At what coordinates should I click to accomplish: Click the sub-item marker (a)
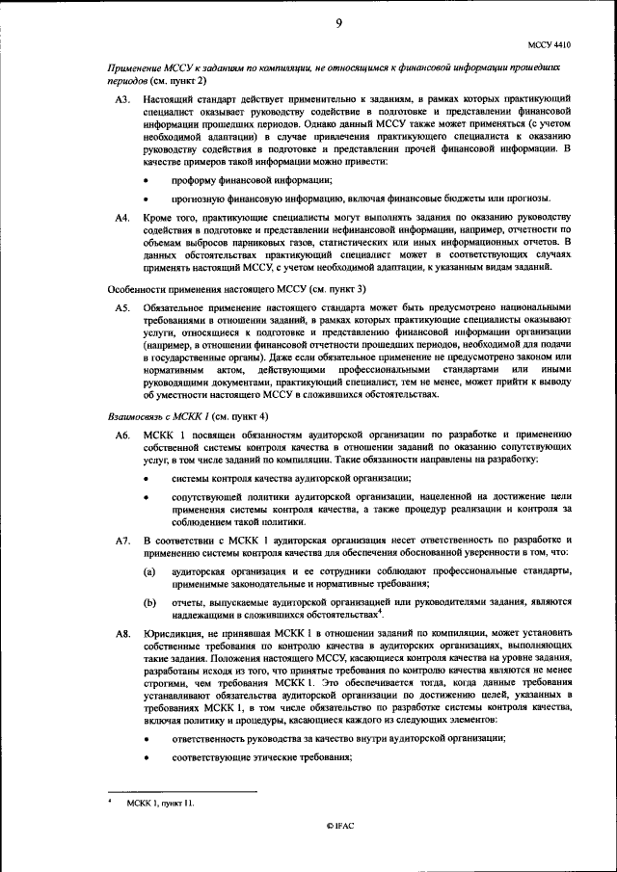tap(149, 571)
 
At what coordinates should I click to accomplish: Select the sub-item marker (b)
tap(149, 602)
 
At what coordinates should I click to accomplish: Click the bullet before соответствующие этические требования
tap(147, 757)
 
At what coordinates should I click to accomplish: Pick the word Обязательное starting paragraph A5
tap(175, 306)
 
